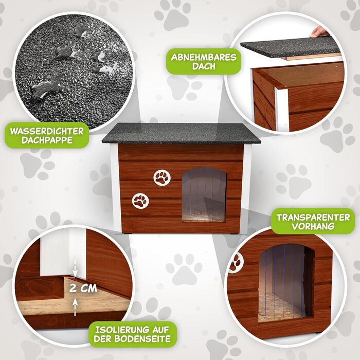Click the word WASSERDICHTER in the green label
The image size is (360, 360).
tap(47, 131)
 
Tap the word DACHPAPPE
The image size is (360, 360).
tap(47, 140)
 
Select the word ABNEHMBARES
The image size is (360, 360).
tap(204, 57)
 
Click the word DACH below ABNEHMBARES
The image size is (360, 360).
tap(204, 66)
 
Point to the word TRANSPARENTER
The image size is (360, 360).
tap(313, 217)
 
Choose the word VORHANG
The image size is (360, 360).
tap(313, 226)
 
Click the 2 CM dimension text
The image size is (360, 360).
tap(83, 289)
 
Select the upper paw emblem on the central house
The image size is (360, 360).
tap(162, 178)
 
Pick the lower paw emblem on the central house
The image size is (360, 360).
tap(140, 201)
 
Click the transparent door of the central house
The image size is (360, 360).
tap(204, 195)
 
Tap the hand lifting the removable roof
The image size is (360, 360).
tap(319, 32)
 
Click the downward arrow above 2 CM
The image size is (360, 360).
tap(75, 268)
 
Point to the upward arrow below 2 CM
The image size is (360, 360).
tap(75, 307)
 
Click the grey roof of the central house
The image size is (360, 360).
tap(181, 133)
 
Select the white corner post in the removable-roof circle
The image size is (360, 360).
tap(282, 109)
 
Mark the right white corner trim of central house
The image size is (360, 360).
tap(247, 188)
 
